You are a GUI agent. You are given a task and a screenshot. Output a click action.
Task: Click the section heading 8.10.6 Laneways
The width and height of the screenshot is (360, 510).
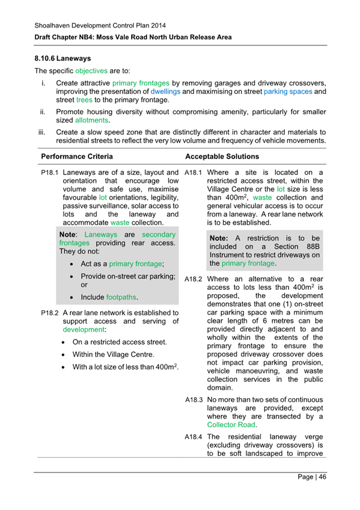point(63,60)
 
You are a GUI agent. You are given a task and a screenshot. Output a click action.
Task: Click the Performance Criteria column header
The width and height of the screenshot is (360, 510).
point(76,156)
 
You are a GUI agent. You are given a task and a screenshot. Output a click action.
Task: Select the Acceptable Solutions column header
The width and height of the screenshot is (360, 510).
point(222,156)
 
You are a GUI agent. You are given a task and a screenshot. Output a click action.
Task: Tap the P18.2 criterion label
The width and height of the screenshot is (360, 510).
point(50,313)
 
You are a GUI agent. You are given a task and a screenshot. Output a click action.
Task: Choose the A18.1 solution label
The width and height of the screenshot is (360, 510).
point(194,173)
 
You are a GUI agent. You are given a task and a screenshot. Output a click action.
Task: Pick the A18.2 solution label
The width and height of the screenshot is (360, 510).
point(194,279)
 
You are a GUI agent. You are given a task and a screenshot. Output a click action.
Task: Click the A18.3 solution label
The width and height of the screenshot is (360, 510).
point(194,400)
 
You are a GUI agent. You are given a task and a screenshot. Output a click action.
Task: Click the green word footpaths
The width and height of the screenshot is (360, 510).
point(121,297)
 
